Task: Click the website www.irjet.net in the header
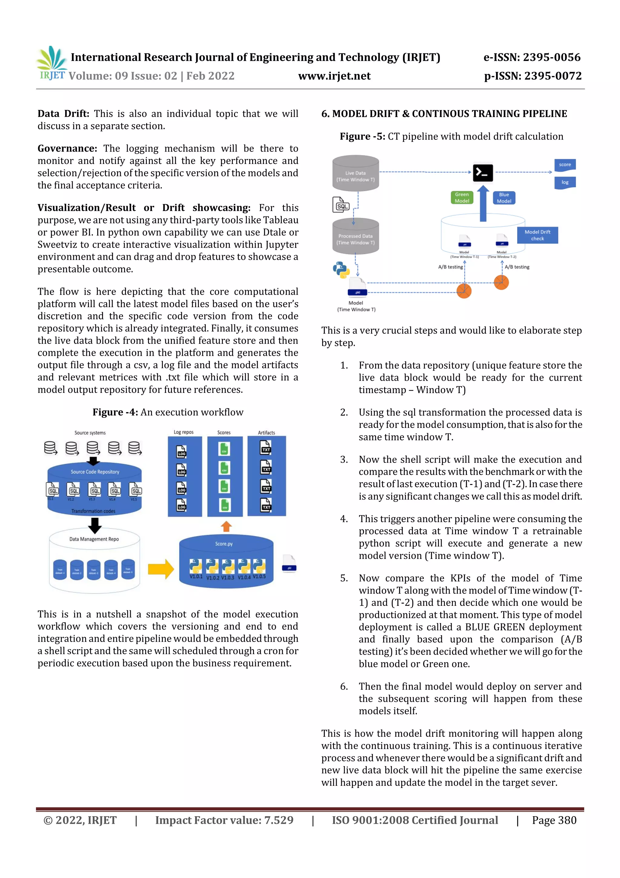[x=334, y=76]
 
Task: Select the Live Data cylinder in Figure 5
[x=355, y=174]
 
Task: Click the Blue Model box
[x=504, y=198]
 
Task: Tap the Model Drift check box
[x=537, y=235]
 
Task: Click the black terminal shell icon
[x=483, y=172]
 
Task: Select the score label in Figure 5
[x=565, y=165]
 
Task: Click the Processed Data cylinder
[x=355, y=237]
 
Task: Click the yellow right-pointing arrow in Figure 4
[x=160, y=569]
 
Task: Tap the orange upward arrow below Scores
[x=226, y=526]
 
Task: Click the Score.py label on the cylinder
[x=224, y=543]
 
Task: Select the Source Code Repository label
[x=95, y=472]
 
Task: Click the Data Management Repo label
[x=94, y=539]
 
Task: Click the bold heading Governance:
[x=67, y=149]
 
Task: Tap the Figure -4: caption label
[x=115, y=412]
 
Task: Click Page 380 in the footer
[x=554, y=820]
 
